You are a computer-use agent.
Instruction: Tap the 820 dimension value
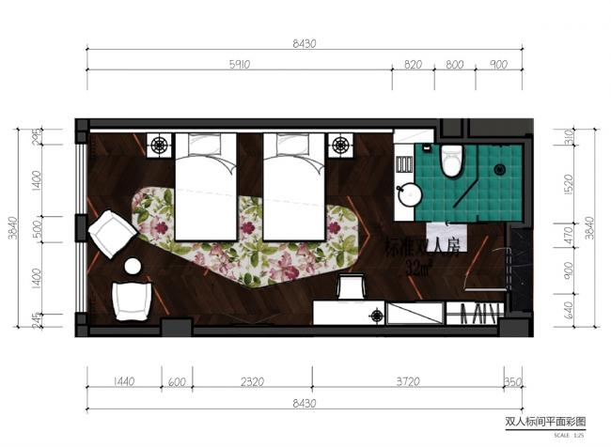pos(413,65)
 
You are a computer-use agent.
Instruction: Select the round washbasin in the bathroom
pos(410,194)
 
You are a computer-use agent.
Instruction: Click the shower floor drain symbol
pos(500,170)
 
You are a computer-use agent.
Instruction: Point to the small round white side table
pos(133,266)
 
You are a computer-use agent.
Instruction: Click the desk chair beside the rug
pos(352,285)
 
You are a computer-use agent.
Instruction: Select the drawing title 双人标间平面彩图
pos(545,423)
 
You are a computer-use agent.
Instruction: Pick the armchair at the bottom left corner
pos(132,300)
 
